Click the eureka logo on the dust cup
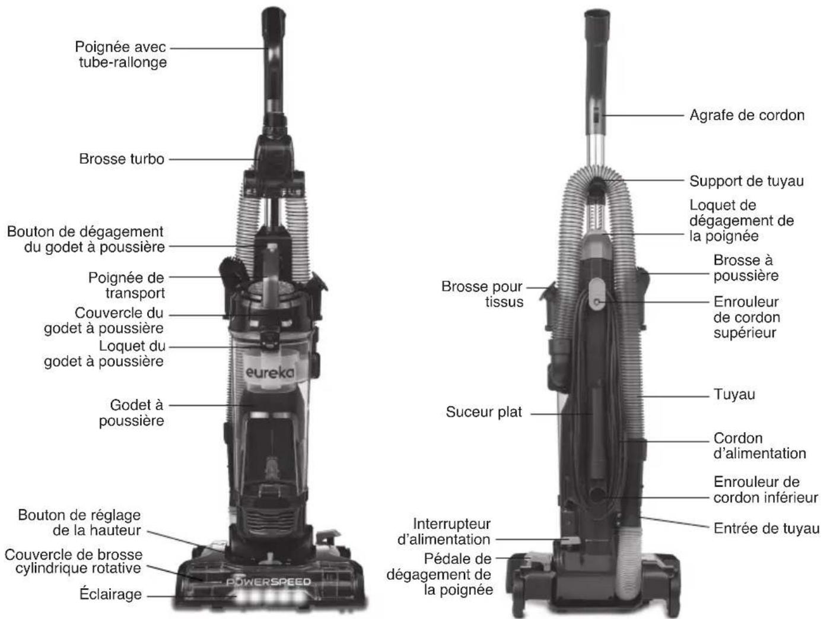(x=269, y=372)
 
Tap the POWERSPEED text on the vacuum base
(x=269, y=582)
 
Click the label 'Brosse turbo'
(x=122, y=159)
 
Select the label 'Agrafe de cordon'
(x=746, y=115)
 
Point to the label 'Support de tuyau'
(x=746, y=181)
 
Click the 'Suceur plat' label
(x=483, y=412)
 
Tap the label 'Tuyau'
(x=734, y=395)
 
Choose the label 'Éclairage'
(x=111, y=594)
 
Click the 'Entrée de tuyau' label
(x=766, y=528)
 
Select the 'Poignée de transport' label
(x=126, y=285)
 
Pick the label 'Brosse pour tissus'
(x=482, y=294)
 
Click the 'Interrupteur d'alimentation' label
(x=451, y=532)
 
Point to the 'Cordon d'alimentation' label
(x=759, y=446)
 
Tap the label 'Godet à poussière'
(x=131, y=413)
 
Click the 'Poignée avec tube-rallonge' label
(x=121, y=55)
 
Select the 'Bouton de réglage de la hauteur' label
(x=79, y=522)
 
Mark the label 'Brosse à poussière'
(x=746, y=268)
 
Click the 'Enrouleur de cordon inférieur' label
(x=765, y=490)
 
